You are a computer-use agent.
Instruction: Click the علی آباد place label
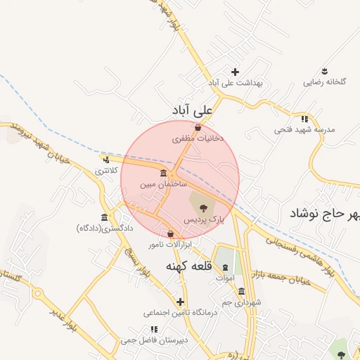(x=192, y=111)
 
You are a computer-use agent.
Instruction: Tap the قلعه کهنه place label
(x=188, y=267)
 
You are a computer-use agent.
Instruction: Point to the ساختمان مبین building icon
(x=163, y=174)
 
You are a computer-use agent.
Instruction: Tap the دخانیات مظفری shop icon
(x=198, y=128)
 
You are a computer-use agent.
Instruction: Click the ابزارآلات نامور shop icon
(x=170, y=234)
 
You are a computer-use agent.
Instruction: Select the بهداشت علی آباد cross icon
(x=235, y=72)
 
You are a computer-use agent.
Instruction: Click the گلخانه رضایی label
(x=325, y=82)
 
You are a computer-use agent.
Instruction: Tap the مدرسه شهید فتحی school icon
(x=304, y=119)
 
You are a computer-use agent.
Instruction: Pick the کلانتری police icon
(x=105, y=160)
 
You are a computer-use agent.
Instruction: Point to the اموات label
(x=225, y=278)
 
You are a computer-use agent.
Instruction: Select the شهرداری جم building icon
(x=241, y=291)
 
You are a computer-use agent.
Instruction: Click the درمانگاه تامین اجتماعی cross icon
(x=181, y=302)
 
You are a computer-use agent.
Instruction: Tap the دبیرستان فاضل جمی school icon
(x=153, y=329)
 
